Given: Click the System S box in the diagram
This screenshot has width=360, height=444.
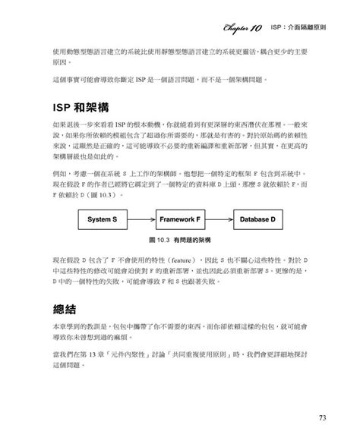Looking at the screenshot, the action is click(104, 219).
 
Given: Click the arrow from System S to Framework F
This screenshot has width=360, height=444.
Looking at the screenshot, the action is click(141, 219).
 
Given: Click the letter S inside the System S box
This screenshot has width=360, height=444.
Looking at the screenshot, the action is click(115, 219).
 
